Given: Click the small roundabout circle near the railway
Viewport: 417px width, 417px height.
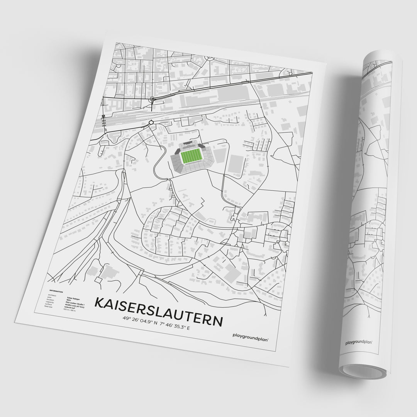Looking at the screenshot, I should coord(151,123).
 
